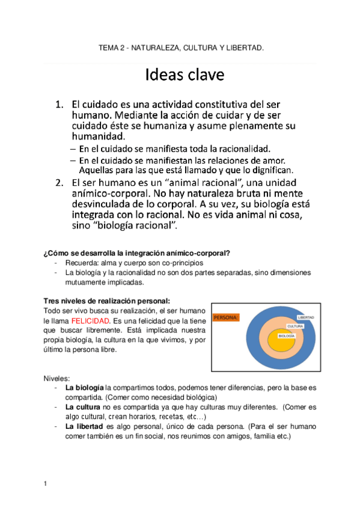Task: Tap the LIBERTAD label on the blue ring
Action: [x=305, y=317]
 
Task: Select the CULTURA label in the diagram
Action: [x=294, y=326]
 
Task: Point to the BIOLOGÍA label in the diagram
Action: [x=286, y=336]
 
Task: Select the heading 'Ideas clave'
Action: [x=185, y=75]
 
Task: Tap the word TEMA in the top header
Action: [x=109, y=47]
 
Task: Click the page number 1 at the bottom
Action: [x=46, y=484]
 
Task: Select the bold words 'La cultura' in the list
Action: [x=82, y=407]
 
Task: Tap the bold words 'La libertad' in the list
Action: [x=84, y=426]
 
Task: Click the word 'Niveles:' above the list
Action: [x=57, y=378]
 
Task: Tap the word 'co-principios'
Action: [x=183, y=263]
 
